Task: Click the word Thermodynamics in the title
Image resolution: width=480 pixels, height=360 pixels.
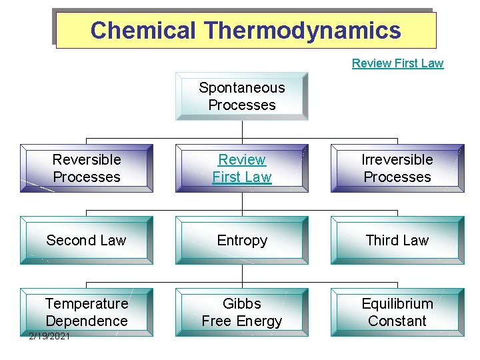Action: tap(303, 31)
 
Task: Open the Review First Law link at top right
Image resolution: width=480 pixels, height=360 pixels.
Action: tap(397, 63)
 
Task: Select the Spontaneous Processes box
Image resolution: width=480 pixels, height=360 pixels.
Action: tap(242, 96)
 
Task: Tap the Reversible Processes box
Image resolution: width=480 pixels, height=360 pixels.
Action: tap(87, 168)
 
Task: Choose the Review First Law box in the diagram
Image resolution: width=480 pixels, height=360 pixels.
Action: tap(242, 168)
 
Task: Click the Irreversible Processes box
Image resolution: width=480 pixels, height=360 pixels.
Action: tap(397, 168)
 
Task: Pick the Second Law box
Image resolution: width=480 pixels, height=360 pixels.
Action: tap(87, 240)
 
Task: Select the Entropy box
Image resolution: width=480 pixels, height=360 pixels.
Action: tap(242, 240)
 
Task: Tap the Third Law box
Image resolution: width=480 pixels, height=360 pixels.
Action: tap(397, 240)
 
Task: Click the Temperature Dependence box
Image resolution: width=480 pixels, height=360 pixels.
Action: tap(87, 312)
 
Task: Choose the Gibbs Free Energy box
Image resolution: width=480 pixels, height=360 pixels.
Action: tap(242, 312)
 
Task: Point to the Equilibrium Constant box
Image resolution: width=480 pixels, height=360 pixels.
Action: tap(397, 312)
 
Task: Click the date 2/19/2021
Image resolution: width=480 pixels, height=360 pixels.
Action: tap(50, 335)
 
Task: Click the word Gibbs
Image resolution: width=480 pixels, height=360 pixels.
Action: tap(242, 304)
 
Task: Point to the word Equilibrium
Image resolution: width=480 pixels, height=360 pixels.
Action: tap(397, 304)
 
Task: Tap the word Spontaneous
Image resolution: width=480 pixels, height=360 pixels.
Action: tap(242, 88)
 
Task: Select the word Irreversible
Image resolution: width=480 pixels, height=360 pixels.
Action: tap(397, 160)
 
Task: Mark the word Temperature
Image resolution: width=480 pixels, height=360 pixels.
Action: tap(87, 304)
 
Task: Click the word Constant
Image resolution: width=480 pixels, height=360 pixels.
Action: tap(397, 321)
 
